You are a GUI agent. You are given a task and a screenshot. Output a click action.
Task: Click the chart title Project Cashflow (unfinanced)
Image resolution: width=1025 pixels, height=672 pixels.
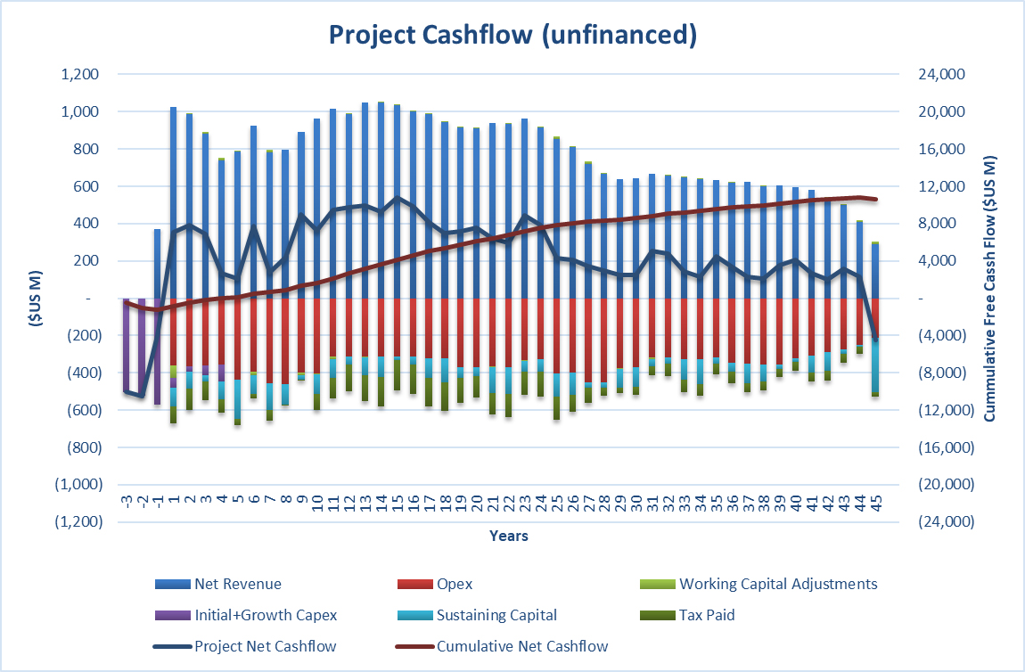pyautogui.click(x=512, y=35)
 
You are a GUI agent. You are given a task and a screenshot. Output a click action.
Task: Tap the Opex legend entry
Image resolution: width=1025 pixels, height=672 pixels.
pyautogui.click(x=454, y=585)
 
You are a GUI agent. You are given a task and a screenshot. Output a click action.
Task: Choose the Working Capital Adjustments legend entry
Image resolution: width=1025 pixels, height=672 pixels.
pyautogui.click(x=777, y=585)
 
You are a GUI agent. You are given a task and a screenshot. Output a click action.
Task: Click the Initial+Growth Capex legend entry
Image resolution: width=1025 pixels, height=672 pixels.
pyautogui.click(x=266, y=615)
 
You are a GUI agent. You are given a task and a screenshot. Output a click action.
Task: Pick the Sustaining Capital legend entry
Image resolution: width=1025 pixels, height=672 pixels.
pyautogui.click(x=496, y=615)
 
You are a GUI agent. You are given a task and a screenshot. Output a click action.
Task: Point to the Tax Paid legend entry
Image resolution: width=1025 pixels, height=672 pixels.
pyautogui.click(x=709, y=615)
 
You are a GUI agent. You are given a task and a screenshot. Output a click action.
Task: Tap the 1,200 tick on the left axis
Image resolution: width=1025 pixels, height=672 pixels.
pyautogui.click(x=81, y=75)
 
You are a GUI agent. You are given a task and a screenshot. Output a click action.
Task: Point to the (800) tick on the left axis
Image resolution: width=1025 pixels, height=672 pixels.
pyautogui.click(x=83, y=447)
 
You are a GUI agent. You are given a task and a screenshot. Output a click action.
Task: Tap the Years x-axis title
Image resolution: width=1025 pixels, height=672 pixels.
pyautogui.click(x=508, y=536)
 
